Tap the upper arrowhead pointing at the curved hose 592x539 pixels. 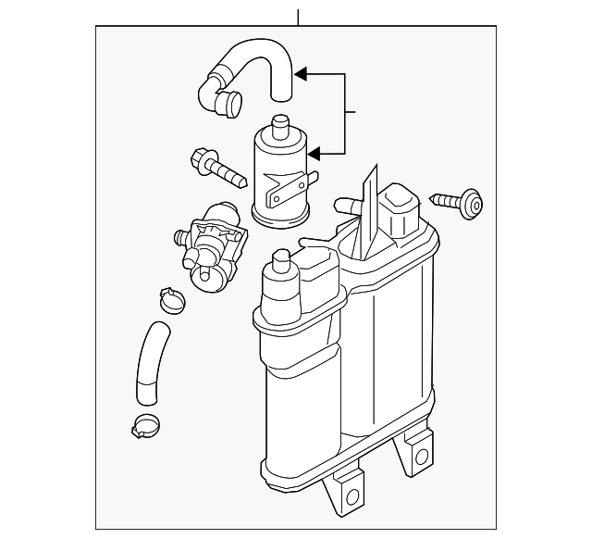pyautogui.click(x=302, y=71)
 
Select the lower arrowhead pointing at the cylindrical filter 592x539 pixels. pyautogui.click(x=316, y=154)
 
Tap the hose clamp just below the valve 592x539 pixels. pyautogui.click(x=171, y=298)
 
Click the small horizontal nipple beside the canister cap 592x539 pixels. pyautogui.click(x=349, y=204)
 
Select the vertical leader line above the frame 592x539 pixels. pyautogui.click(x=298, y=17)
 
